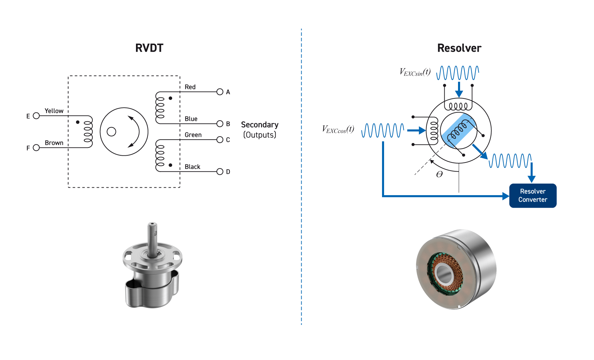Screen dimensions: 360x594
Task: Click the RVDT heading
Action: pyautogui.click(x=149, y=48)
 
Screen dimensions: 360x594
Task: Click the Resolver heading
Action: pyautogui.click(x=459, y=48)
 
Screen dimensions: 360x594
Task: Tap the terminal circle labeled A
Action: pyautogui.click(x=220, y=92)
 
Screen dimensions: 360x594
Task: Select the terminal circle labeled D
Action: pyautogui.click(x=220, y=172)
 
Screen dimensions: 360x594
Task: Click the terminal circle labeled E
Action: pyautogui.click(x=36, y=116)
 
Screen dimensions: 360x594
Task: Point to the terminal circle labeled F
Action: pyautogui.click(x=36, y=148)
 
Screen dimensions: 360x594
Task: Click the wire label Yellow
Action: pyautogui.click(x=54, y=111)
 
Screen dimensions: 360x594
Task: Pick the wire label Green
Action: pyautogui.click(x=193, y=135)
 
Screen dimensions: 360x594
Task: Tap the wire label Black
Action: pyautogui.click(x=192, y=167)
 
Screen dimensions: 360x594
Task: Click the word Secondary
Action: pyautogui.click(x=260, y=125)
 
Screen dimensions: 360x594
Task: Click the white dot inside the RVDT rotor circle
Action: pyautogui.click(x=111, y=132)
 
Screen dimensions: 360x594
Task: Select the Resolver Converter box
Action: pyautogui.click(x=533, y=195)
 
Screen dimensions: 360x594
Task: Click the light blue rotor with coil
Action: pyautogui.click(x=458, y=131)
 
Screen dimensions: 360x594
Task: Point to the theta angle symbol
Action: pyautogui.click(x=439, y=174)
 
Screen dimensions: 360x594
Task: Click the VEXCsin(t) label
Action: pyautogui.click(x=415, y=72)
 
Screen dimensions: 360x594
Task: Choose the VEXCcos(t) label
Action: pyautogui.click(x=338, y=129)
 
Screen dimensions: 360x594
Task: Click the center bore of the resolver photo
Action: pyautogui.click(x=443, y=272)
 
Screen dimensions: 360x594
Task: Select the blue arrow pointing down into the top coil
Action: pyautogui.click(x=459, y=90)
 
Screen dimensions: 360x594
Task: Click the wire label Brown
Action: pyautogui.click(x=54, y=143)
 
